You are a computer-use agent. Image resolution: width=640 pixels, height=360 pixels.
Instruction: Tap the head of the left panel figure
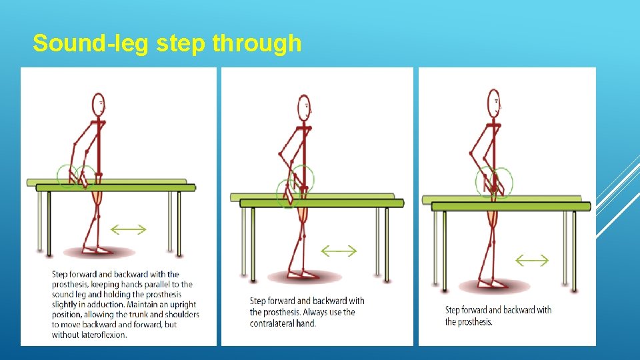99,103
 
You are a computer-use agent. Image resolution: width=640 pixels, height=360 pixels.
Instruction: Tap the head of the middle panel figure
304,105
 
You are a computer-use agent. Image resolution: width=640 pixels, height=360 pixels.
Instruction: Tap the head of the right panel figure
494,103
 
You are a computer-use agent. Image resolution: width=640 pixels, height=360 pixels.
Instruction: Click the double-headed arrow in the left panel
128,229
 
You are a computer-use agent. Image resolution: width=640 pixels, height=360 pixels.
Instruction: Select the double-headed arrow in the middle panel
339,251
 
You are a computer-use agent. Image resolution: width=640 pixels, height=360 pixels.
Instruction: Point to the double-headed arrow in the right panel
533,261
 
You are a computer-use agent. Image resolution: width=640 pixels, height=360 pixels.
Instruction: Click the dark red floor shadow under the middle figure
304,277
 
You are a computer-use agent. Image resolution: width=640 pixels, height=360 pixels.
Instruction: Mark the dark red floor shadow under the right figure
494,287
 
